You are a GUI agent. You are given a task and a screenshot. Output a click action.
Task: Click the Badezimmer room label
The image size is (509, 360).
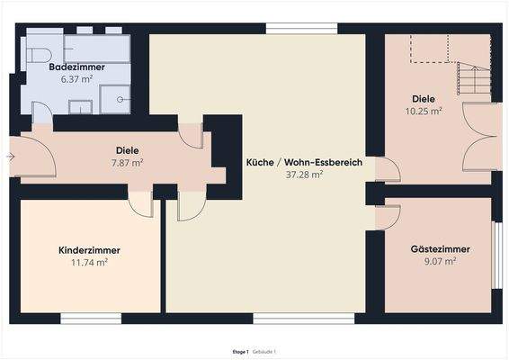(x=76, y=67)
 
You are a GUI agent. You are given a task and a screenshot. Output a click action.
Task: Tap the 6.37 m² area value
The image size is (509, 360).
(x=76, y=79)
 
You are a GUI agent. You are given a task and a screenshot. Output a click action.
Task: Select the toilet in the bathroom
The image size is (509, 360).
(x=38, y=54)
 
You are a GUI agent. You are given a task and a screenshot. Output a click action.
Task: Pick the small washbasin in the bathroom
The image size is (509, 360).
(x=80, y=108)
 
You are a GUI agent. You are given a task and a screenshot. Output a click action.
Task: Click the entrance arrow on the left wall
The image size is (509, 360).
(x=9, y=157)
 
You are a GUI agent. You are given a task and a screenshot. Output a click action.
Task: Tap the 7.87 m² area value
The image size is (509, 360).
(x=127, y=163)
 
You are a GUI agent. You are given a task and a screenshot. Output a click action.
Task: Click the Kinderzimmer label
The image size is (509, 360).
(x=89, y=249)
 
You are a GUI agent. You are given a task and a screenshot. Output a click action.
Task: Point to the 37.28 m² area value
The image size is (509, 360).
(x=304, y=175)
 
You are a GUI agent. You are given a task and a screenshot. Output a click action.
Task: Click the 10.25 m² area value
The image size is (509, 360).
(x=423, y=112)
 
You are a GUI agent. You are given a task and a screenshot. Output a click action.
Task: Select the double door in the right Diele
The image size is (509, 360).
(x=480, y=137)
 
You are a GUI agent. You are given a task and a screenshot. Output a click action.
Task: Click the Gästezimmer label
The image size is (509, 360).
(x=440, y=248)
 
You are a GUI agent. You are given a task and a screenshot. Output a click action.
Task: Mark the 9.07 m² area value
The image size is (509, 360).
(x=440, y=261)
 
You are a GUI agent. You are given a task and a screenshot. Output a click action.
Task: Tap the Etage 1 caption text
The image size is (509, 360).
(x=240, y=351)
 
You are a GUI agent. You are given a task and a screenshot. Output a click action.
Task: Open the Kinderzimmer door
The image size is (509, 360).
(x=140, y=203)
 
